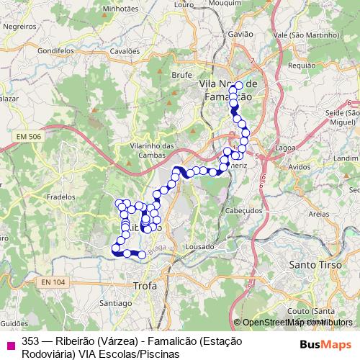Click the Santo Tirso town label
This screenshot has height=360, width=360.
tap(312, 264)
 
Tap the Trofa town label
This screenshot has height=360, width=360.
tap(145, 286)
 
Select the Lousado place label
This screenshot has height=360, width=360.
tap(199, 246)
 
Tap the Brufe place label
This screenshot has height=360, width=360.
tap(181, 74)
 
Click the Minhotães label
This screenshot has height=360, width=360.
tap(120, 9)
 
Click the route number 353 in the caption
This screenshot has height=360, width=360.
tap(31, 341)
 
